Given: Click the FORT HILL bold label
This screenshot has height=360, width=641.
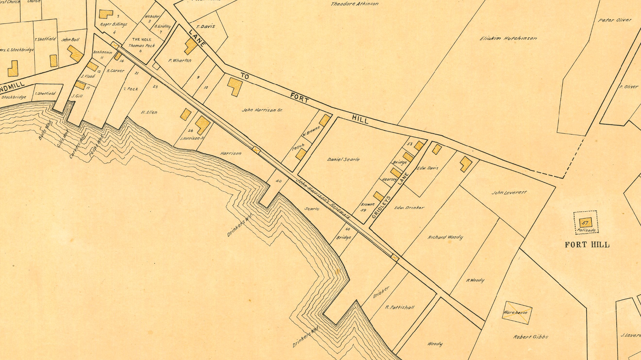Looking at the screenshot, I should [x=587, y=245].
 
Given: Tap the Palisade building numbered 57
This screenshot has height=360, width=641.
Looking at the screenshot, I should [x=586, y=223].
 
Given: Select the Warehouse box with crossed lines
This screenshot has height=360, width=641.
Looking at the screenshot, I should [x=517, y=313].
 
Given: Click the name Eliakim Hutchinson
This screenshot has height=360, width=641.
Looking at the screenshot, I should [x=508, y=38].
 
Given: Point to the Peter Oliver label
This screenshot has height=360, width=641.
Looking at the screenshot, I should [x=615, y=20].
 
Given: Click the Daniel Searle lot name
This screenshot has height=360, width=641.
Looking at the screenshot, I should [x=343, y=159].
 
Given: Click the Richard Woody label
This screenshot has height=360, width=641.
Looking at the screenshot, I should [x=445, y=237].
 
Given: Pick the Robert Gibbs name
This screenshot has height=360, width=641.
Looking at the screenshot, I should [x=530, y=337].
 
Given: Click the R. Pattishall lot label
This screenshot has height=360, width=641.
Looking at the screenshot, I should [x=400, y=307].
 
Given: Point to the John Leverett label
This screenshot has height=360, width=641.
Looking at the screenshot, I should [x=509, y=193].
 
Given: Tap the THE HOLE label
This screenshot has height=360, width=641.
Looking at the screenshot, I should [x=142, y=39].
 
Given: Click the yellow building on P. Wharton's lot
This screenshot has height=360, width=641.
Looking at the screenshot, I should [x=191, y=46].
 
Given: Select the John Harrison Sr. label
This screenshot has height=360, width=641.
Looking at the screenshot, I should [x=262, y=110].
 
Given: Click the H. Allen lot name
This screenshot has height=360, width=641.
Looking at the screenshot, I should [x=149, y=112].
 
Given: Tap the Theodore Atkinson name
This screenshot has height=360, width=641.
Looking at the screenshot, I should [x=355, y=4].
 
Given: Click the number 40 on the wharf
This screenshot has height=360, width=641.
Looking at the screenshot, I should [x=278, y=181].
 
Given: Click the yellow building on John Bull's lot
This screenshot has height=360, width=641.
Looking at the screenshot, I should [x=75, y=53].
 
